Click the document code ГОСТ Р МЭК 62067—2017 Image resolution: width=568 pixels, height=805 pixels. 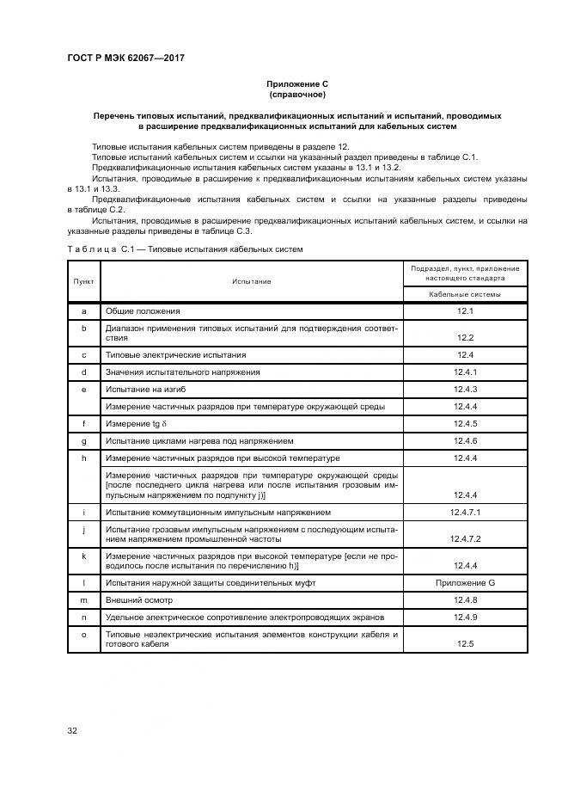pyautogui.click(x=126, y=58)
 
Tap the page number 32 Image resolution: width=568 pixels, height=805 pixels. pyautogui.click(x=73, y=731)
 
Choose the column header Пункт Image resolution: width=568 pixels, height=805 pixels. pyautogui.click(x=84, y=281)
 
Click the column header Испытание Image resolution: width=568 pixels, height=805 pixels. pyautogui.click(x=251, y=281)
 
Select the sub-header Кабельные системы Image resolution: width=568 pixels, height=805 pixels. pyautogui.click(x=465, y=294)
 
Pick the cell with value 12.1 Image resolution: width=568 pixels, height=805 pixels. pyautogui.click(x=465, y=310)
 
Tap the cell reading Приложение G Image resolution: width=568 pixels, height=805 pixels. pyautogui.click(x=465, y=583)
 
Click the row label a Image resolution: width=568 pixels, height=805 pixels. pyautogui.click(x=84, y=310)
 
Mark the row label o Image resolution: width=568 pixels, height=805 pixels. pyautogui.click(x=84, y=634)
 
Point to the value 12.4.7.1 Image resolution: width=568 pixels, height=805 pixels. pyautogui.click(x=465, y=512)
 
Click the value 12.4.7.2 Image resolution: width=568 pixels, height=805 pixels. pyautogui.click(x=465, y=539)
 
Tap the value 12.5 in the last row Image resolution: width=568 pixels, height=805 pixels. pyautogui.click(x=465, y=643)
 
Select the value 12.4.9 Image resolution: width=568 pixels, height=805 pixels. pyautogui.click(x=465, y=617)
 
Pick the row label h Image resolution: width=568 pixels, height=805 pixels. pyautogui.click(x=84, y=458)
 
